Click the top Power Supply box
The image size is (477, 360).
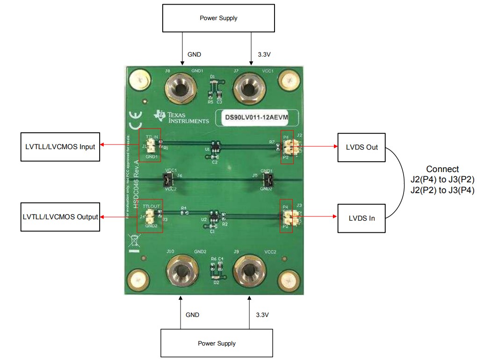click(218, 18)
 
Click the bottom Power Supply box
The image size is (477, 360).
click(217, 343)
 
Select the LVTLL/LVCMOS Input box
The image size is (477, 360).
click(60, 147)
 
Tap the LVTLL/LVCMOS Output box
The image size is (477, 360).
click(60, 217)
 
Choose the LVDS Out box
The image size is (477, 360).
click(361, 147)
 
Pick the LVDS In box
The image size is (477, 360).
click(361, 218)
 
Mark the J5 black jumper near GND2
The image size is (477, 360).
click(267, 180)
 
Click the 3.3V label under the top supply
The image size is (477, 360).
click(264, 54)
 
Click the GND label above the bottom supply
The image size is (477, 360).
click(192, 315)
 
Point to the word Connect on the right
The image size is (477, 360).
click(442, 169)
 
